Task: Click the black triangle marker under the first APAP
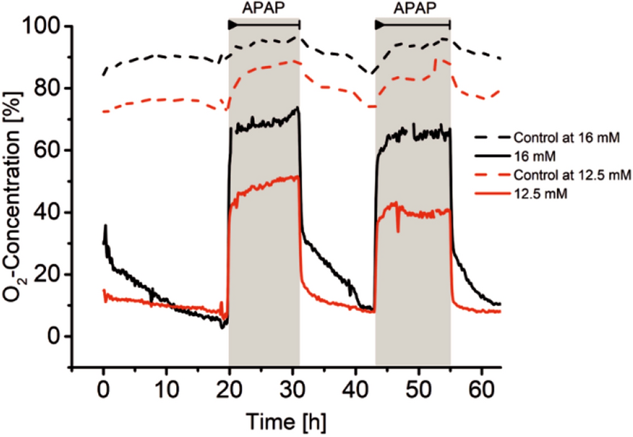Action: click(x=232, y=24)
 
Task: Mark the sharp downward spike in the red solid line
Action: click(x=398, y=229)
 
